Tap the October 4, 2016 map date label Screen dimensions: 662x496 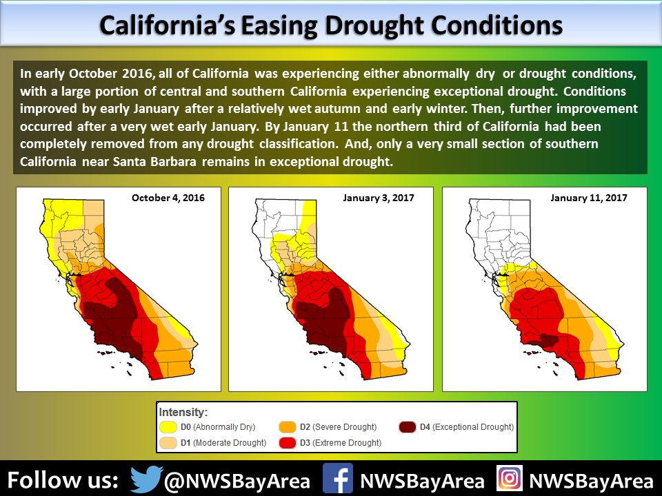point(168,198)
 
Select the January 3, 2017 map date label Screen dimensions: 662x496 point(379,198)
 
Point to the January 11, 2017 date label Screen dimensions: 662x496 point(588,198)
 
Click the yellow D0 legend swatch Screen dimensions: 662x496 point(168,427)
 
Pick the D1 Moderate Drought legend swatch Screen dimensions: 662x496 point(168,443)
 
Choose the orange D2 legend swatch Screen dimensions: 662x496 point(287,427)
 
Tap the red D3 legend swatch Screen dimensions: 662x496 point(287,443)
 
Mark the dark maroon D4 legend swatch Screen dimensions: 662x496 point(407,427)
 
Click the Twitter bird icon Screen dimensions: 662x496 point(146,479)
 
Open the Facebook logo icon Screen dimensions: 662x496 point(338,478)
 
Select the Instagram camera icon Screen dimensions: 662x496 point(510,478)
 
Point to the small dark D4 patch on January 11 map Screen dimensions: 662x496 point(547,340)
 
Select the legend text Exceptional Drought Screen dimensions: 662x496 point(473,427)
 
